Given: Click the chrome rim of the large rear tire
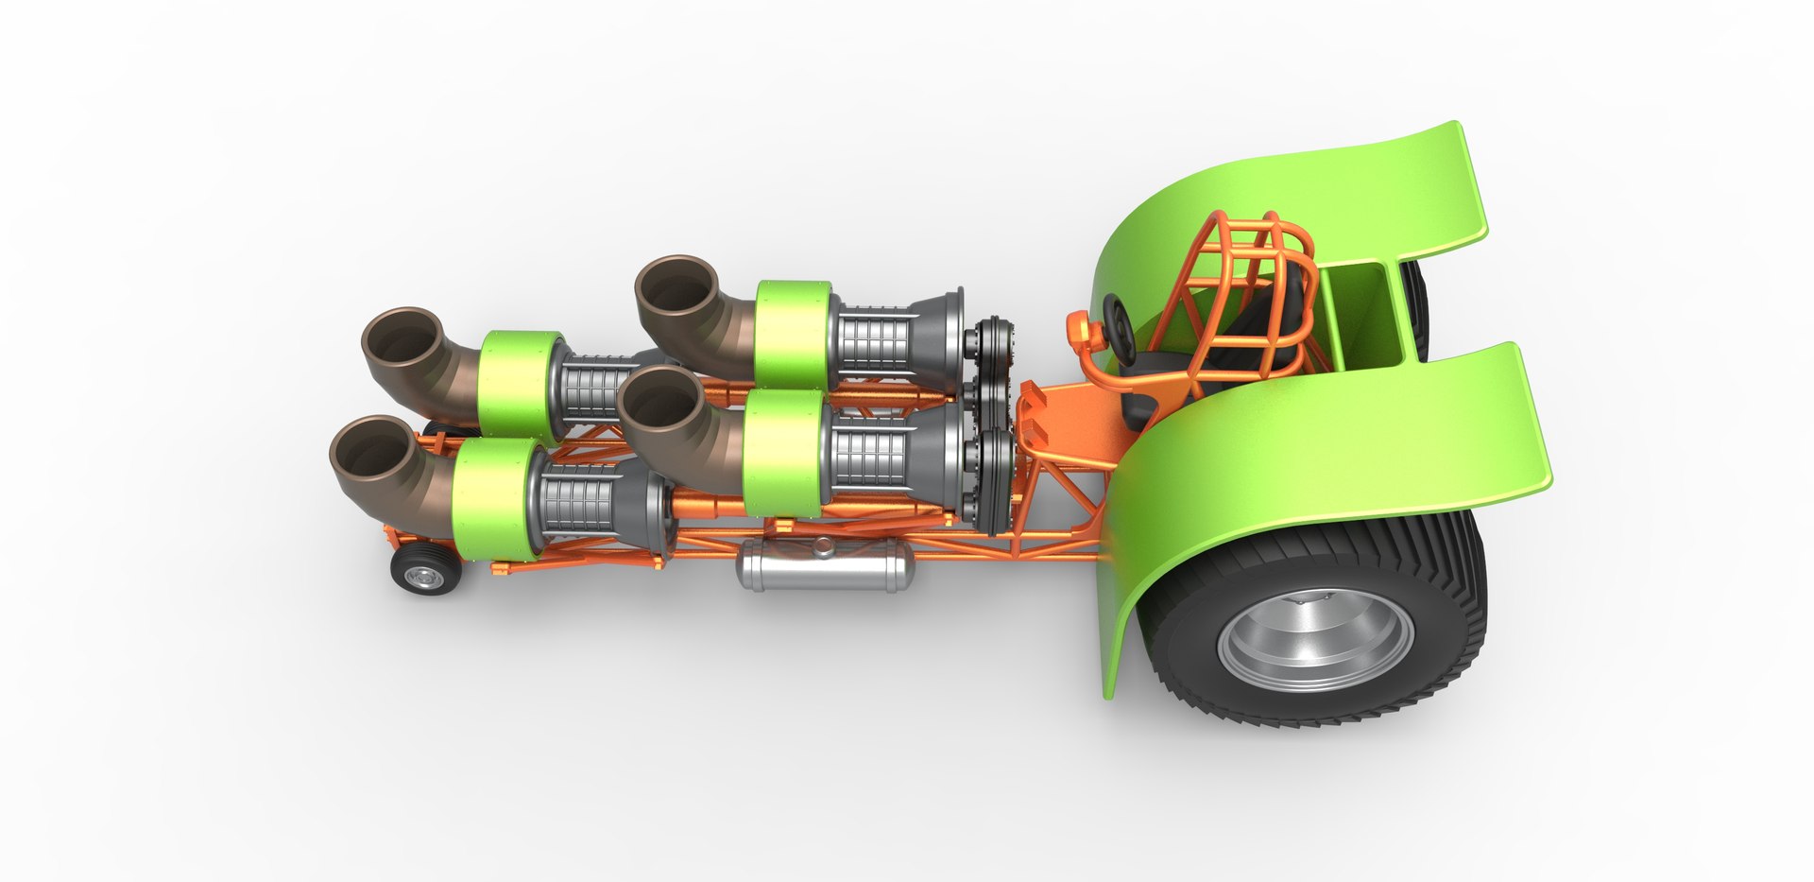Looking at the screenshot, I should click(x=1315, y=639).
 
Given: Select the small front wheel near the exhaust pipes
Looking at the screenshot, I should click(x=425, y=571).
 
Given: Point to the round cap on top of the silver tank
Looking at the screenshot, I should click(x=823, y=545).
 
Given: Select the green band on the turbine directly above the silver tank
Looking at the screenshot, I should click(x=782, y=454).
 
